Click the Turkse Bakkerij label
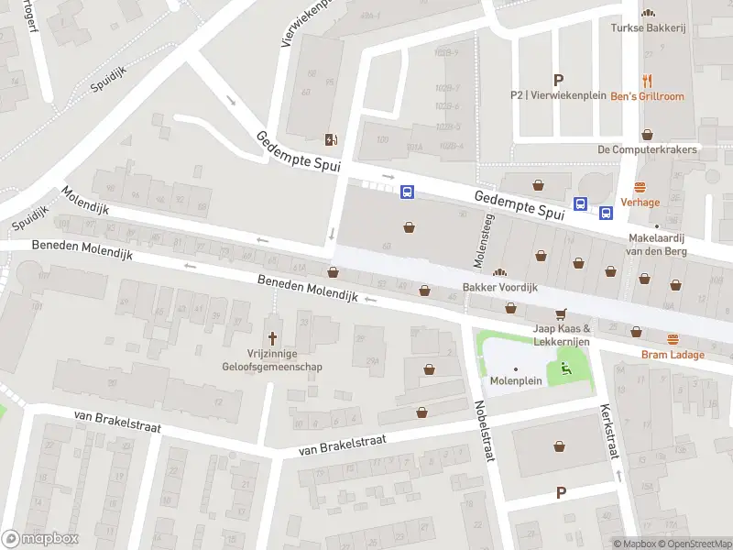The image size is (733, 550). (x=648, y=27)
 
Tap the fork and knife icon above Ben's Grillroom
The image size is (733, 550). (x=648, y=80)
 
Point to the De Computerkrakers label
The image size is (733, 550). (x=647, y=149)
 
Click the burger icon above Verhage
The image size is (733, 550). (x=640, y=185)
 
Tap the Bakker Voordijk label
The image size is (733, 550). (x=499, y=287)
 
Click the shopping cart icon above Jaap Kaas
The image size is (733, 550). (x=562, y=313)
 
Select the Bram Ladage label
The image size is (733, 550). (x=673, y=355)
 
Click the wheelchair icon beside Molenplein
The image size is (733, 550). (x=564, y=369)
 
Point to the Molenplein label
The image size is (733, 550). (x=516, y=379)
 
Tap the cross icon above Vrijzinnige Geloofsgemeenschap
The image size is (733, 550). (x=272, y=337)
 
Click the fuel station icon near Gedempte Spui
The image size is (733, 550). (x=331, y=139)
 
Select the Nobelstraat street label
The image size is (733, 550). (x=484, y=431)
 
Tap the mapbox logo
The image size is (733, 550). (x=39, y=538)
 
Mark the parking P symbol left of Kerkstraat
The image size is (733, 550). (x=561, y=493)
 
